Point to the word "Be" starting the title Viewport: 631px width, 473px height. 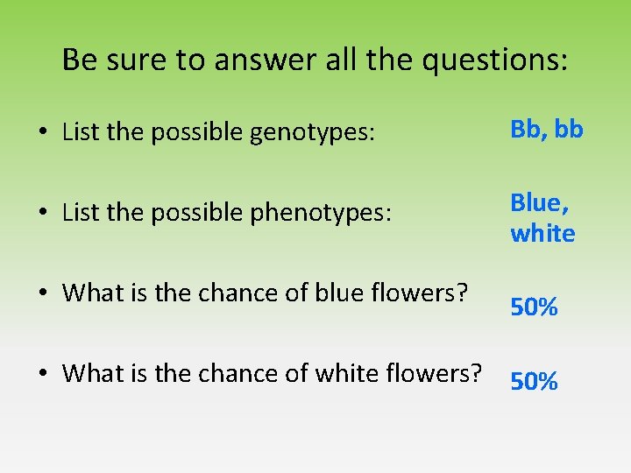coord(80,60)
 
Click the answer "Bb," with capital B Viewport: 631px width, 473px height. coord(528,130)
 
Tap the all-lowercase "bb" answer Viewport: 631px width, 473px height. coord(570,130)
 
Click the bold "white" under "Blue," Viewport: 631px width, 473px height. coord(543,234)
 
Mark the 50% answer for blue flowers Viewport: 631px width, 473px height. coord(535,307)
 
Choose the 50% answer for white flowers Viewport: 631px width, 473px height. coord(535,381)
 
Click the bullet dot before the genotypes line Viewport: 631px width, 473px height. coord(42,134)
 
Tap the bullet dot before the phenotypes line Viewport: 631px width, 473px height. coord(42,214)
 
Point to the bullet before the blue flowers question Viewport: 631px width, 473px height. coord(42,293)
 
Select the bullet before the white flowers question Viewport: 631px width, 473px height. coord(42,374)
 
